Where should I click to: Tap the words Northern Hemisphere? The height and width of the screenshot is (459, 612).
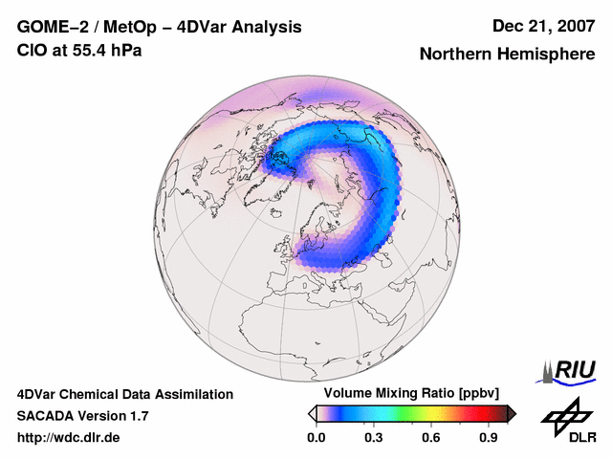pos(507,55)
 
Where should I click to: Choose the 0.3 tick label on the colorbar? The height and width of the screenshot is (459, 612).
pos(374,438)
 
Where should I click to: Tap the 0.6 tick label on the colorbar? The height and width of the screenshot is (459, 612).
pos(432,438)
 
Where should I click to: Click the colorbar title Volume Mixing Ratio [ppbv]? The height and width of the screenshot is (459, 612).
pos(407,394)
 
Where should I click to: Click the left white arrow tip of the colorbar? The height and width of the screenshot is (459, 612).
pos(311,413)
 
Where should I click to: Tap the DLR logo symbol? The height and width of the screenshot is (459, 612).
pos(565,415)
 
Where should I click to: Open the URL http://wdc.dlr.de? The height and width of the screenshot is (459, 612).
pos(69,438)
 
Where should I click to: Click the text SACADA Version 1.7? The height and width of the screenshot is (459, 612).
pos(82,416)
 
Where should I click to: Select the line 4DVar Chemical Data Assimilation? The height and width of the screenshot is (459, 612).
pos(124,394)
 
